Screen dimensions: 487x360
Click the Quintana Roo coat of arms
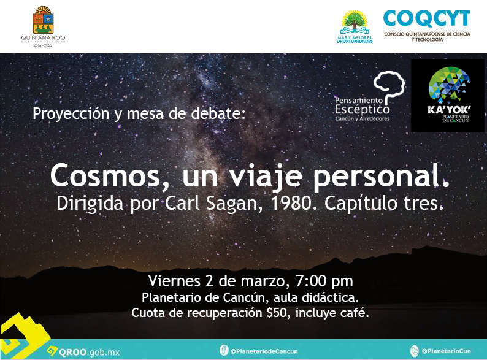[x=43, y=20]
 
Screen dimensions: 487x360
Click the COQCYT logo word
[x=426, y=18]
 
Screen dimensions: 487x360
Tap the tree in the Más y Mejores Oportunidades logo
[x=355, y=21]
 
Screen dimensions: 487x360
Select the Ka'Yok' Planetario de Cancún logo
[x=448, y=96]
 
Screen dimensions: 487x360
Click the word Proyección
[x=71, y=114]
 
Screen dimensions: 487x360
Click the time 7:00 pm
[x=324, y=281]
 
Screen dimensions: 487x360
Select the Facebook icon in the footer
[x=224, y=350]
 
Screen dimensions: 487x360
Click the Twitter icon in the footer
[x=415, y=351]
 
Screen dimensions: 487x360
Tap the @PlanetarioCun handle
[x=447, y=351]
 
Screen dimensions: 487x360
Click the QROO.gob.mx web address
[x=89, y=352]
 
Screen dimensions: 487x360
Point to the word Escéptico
[x=362, y=109]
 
